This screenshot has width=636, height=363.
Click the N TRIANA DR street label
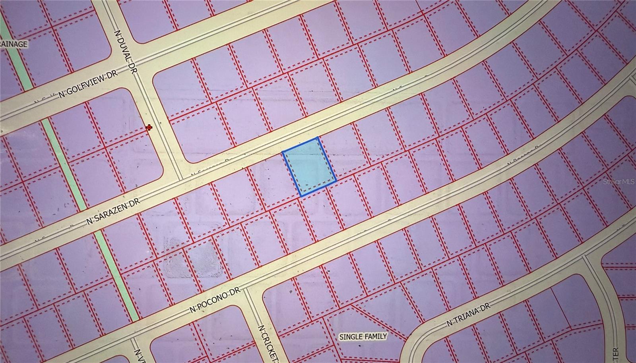pyautogui.click(x=469, y=315)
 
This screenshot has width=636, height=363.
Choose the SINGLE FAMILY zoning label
pyautogui.click(x=363, y=337)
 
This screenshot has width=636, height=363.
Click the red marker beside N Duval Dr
pyautogui.click(x=149, y=127)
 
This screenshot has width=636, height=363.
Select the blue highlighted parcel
pyautogui.click(x=309, y=167)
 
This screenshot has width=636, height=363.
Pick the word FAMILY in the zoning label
pyautogui.click(x=376, y=337)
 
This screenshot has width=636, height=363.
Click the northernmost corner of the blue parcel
pyautogui.click(x=317, y=138)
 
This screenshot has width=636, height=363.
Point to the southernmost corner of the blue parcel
pyautogui.click(x=301, y=196)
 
